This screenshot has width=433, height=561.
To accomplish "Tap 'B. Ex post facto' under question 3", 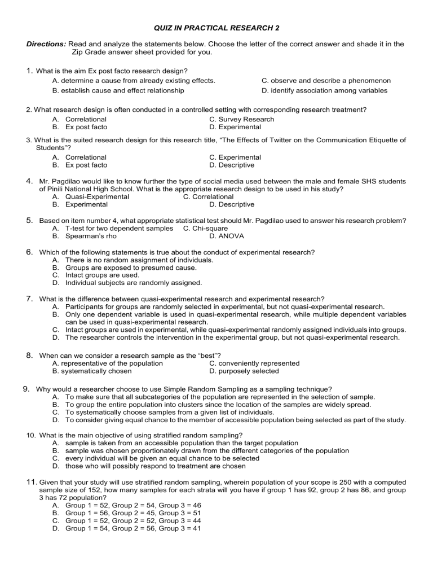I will [x=79, y=165].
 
